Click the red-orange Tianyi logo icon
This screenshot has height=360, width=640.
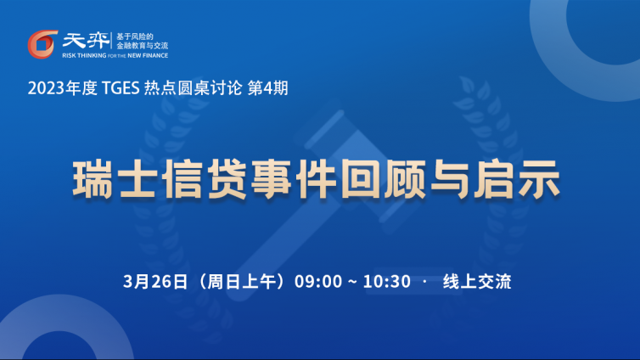[42, 44]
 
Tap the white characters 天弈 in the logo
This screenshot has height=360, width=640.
[86, 41]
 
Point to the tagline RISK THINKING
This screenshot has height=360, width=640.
[84, 55]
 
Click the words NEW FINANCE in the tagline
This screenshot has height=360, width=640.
[148, 55]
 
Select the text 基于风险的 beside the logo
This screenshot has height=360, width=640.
[135, 37]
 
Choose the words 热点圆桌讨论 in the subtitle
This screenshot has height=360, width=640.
[193, 88]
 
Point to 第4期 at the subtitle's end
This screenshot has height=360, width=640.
[267, 88]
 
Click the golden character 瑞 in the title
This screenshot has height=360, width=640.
[93, 180]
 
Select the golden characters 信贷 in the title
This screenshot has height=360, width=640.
[204, 180]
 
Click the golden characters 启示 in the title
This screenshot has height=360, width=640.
[517, 180]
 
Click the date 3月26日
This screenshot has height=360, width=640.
[155, 282]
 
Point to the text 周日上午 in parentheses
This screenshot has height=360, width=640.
[241, 282]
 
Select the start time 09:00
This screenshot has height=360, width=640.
[318, 282]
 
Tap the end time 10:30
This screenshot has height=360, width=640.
[387, 282]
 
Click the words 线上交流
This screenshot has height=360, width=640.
[477, 282]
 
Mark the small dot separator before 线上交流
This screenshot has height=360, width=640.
[425, 281]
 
